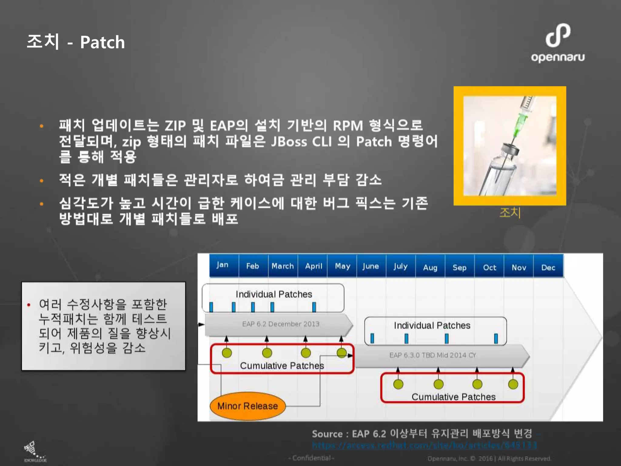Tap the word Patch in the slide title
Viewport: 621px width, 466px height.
click(x=102, y=42)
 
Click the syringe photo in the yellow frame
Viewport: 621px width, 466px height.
click(x=510, y=146)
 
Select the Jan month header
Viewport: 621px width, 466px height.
click(x=223, y=265)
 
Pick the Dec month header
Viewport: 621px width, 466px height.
click(x=548, y=268)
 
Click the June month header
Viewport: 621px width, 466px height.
click(x=371, y=266)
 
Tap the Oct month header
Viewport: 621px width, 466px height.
click(x=489, y=268)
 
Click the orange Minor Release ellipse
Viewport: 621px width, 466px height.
click(x=248, y=406)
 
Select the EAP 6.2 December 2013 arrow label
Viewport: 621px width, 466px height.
click(x=281, y=324)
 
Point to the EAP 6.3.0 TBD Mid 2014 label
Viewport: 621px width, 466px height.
click(x=433, y=355)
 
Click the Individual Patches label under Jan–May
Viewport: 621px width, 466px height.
click(x=274, y=294)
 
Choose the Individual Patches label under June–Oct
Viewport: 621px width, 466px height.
click(x=432, y=326)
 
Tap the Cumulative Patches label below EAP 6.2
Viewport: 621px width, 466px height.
click(x=282, y=366)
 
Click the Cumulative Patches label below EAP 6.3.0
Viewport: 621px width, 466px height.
click(x=454, y=397)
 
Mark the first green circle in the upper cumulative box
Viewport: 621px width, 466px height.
click(x=227, y=353)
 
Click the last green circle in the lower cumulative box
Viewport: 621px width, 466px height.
click(x=513, y=384)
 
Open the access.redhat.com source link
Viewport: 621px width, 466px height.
click(x=425, y=445)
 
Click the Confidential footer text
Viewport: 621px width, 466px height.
click(x=311, y=458)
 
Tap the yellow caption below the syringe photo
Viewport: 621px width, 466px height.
click(x=510, y=213)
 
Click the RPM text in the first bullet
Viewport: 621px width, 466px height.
click(x=348, y=126)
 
